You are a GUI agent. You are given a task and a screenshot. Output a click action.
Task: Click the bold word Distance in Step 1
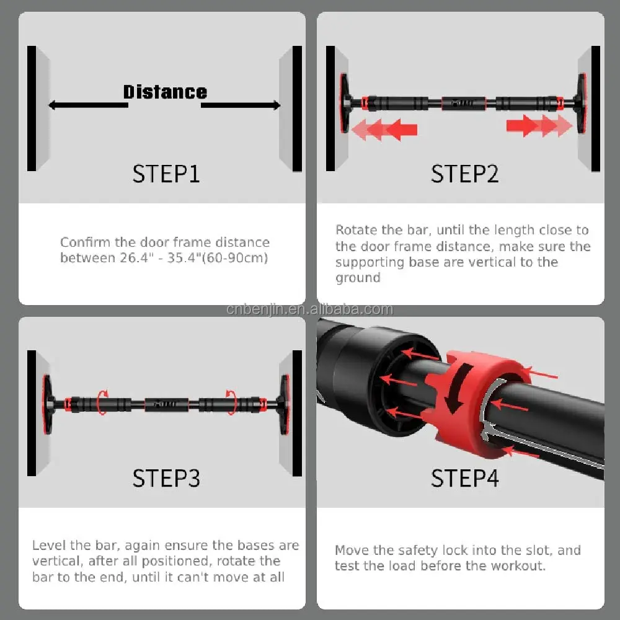[165, 92]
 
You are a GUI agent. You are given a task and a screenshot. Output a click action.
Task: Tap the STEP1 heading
[166, 174]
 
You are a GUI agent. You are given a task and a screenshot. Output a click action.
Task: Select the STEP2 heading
[464, 174]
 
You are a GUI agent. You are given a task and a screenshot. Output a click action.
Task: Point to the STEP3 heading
[166, 479]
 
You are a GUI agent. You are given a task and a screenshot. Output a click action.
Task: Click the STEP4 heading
[464, 479]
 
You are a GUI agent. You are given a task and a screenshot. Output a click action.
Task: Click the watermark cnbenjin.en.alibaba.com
[310, 309]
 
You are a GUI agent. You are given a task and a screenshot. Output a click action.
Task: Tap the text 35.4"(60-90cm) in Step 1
[218, 258]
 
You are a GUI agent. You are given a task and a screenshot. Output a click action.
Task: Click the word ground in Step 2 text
[358, 278]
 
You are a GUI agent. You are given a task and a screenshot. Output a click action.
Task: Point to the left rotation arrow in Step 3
[102, 402]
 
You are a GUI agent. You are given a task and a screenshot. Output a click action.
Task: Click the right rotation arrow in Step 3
[231, 402]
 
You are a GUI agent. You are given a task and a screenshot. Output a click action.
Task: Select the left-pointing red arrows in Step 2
[384, 130]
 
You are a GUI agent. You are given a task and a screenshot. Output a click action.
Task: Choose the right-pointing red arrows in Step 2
[539, 126]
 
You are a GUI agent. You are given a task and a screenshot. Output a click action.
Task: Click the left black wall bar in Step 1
[32, 108]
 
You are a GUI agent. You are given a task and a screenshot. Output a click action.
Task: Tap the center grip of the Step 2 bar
[463, 104]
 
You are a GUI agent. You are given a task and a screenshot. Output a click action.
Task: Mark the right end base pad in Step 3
[284, 404]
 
